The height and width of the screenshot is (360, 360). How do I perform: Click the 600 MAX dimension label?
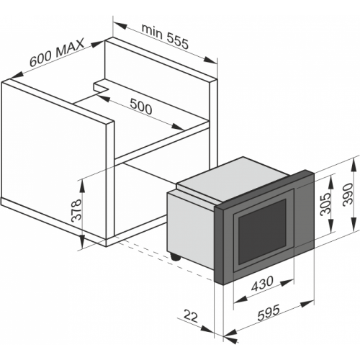(x=57, y=52)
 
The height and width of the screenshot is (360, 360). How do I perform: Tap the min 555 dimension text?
(x=165, y=37)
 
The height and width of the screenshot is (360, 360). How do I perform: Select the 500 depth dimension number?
(x=141, y=107)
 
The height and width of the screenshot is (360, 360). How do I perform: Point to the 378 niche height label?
(x=77, y=210)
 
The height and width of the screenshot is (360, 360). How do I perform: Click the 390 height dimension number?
(x=348, y=194)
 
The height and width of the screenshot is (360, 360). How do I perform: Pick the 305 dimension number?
(x=325, y=203)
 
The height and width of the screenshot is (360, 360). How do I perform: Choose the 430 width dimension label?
(x=262, y=284)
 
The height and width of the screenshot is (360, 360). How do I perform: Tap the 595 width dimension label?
(x=269, y=312)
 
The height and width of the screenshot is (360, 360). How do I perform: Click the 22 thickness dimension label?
(x=191, y=315)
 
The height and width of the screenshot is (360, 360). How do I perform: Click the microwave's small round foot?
(x=176, y=257)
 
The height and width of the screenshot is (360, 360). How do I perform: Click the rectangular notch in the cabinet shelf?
(x=102, y=86)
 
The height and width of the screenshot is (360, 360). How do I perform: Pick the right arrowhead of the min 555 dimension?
(x=210, y=60)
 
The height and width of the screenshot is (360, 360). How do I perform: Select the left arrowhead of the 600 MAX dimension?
(x=17, y=75)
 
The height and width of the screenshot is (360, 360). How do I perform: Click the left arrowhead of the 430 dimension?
(x=240, y=300)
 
